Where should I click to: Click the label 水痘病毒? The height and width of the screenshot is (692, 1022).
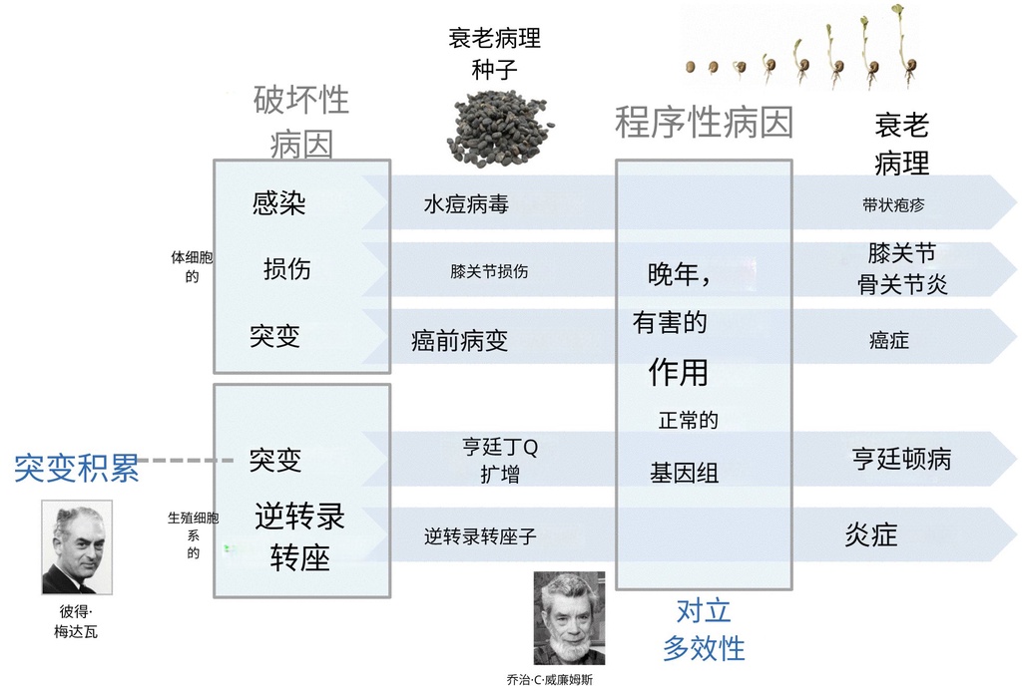(x=466, y=204)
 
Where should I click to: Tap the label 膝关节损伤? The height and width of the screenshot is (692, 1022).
(x=489, y=270)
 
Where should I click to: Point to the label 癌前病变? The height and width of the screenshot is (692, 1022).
(x=459, y=341)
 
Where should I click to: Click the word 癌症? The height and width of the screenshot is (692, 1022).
(x=888, y=341)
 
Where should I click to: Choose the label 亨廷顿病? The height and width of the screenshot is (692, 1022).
(x=901, y=459)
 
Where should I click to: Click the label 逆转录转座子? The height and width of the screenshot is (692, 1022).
(x=480, y=536)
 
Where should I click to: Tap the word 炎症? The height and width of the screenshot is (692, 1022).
(x=871, y=535)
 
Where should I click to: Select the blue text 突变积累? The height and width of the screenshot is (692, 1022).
(x=76, y=467)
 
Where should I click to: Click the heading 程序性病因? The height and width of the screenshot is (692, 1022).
(x=704, y=123)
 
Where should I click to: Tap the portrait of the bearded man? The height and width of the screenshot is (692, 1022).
(x=569, y=618)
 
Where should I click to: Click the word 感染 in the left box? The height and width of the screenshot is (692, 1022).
(x=279, y=203)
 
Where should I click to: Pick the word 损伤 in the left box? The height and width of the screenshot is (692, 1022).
(x=287, y=268)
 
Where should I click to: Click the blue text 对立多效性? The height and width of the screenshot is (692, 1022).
(x=704, y=629)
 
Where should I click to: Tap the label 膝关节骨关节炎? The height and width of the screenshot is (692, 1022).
(x=902, y=269)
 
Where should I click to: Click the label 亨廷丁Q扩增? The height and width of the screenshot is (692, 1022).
(x=499, y=461)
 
